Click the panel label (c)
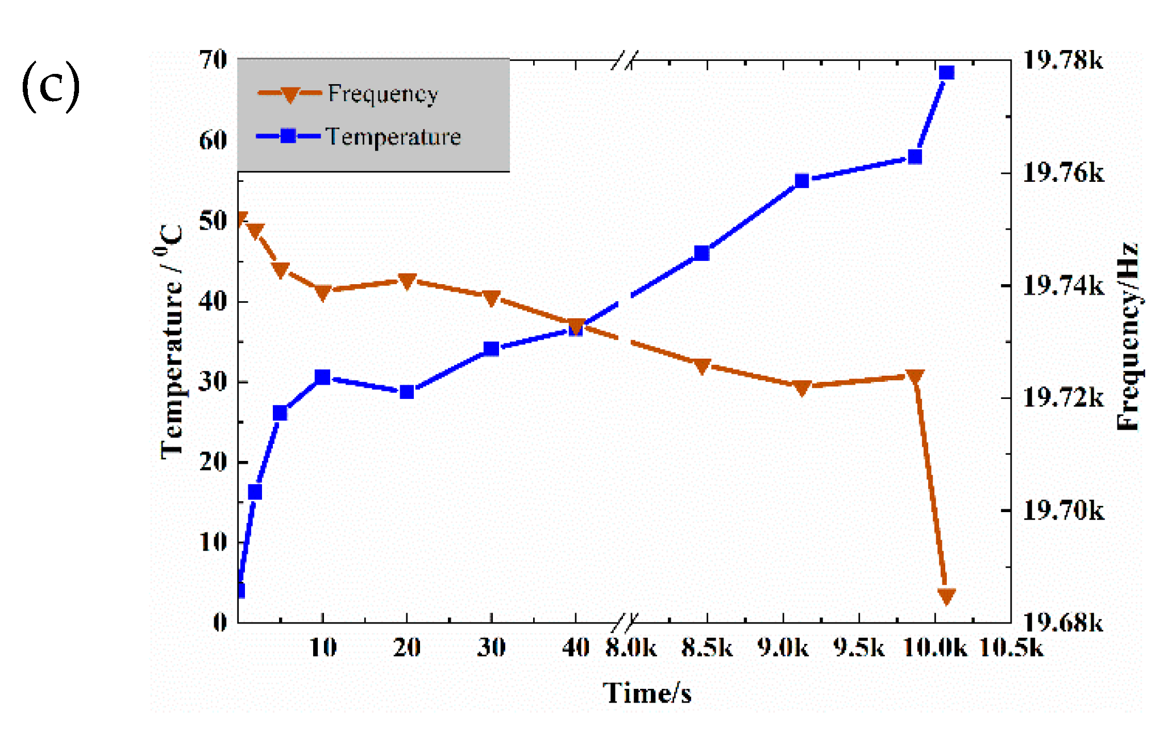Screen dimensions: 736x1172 [51, 87]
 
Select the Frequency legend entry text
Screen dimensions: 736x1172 [383, 93]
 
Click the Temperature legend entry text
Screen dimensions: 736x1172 [393, 136]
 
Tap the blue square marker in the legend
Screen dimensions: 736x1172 [288, 136]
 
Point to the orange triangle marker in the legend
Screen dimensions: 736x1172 [290, 94]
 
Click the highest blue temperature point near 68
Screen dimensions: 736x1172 [946, 73]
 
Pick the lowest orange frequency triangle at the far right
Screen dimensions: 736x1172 [946, 596]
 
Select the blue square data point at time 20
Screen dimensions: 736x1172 [406, 392]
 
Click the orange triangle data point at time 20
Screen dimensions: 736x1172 [406, 281]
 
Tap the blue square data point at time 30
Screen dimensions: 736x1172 [491, 348]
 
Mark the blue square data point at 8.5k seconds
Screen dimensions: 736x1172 [702, 253]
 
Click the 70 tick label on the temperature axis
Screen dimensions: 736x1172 [213, 60]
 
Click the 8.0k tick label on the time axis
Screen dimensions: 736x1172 [631, 647]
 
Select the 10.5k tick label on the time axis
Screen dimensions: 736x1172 [1012, 647]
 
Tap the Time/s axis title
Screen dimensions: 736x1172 [647, 693]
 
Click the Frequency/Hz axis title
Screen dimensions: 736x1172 [1128, 336]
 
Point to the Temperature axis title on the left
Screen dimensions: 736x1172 [171, 341]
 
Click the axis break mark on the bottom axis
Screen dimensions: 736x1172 [625, 622]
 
